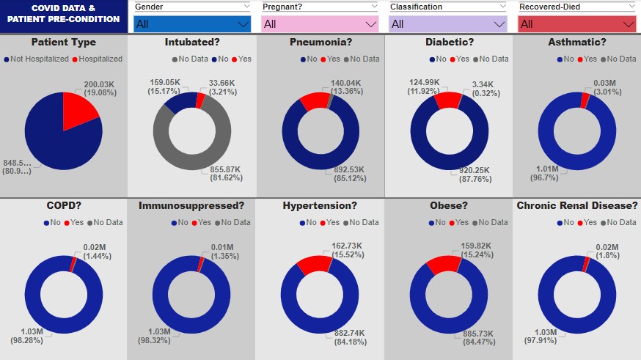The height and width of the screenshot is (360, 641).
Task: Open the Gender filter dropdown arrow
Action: click(x=243, y=24)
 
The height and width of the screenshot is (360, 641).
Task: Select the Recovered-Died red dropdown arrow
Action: click(x=628, y=24)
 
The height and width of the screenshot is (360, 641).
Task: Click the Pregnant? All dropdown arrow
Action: click(x=371, y=24)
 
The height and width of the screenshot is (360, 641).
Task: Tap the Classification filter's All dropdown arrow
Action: click(x=499, y=24)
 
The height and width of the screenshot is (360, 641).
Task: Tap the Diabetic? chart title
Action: click(x=448, y=42)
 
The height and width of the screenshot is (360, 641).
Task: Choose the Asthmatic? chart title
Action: click(x=576, y=42)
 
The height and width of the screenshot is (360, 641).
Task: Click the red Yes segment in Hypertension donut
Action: click(x=314, y=263)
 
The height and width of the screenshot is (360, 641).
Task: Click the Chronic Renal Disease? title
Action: click(x=576, y=205)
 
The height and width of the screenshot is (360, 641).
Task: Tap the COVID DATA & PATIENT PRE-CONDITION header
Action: click(x=64, y=13)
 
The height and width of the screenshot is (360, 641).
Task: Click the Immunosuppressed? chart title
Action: click(x=191, y=205)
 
